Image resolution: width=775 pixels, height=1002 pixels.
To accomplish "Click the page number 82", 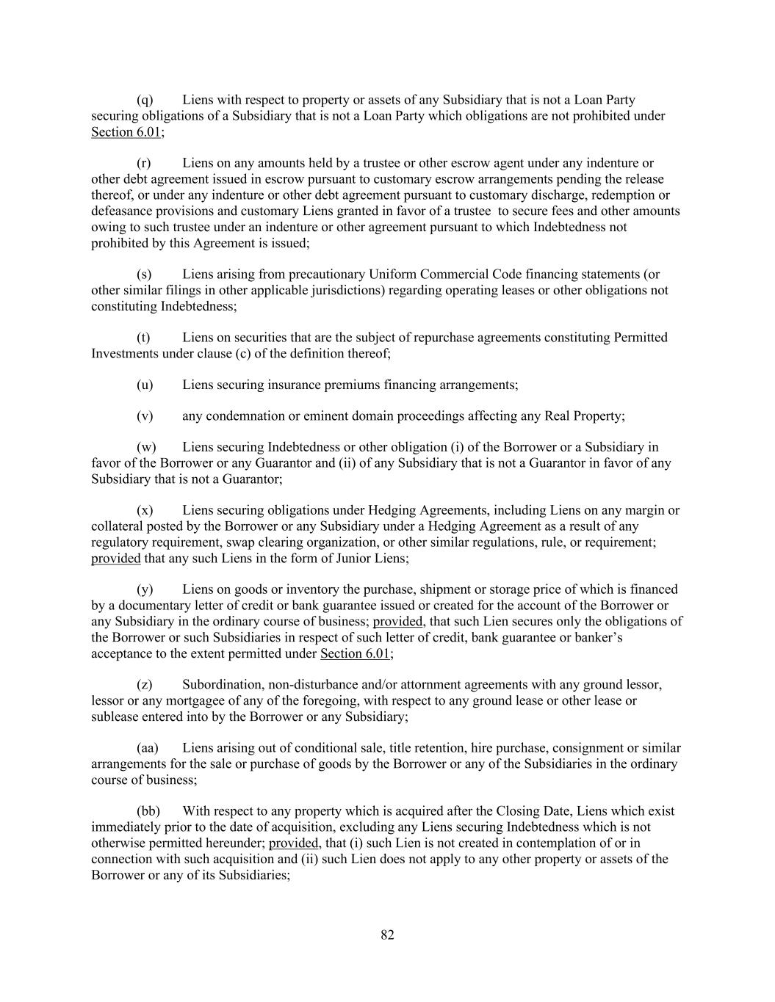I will pos(388,934).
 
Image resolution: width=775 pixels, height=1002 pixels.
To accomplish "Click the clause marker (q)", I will pos(145,100).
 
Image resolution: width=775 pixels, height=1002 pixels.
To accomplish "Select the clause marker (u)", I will pos(145,385).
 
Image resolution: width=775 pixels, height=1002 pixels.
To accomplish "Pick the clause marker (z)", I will pos(145,685).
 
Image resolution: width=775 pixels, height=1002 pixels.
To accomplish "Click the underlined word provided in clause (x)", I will pos(115,559).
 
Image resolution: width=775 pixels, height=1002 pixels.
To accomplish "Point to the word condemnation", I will pos(245,416).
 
